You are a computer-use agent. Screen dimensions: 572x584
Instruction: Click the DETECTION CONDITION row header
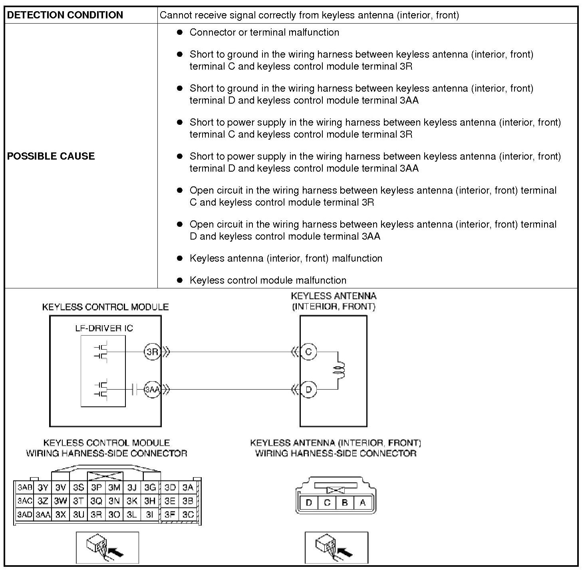(x=65, y=15)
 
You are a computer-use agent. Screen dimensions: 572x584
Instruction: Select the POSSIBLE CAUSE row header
(x=51, y=156)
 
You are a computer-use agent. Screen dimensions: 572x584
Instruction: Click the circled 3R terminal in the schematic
(x=152, y=352)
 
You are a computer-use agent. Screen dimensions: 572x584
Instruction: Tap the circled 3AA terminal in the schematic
(x=152, y=389)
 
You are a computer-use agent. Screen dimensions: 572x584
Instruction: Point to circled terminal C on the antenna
(x=308, y=352)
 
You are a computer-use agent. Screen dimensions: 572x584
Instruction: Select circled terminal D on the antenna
(x=308, y=389)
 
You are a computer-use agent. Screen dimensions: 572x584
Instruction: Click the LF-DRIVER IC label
(x=104, y=328)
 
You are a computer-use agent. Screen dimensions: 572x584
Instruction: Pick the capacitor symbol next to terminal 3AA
(x=135, y=389)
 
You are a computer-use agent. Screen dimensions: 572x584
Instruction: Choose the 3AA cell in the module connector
(x=43, y=515)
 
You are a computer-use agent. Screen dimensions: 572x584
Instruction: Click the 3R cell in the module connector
(x=96, y=515)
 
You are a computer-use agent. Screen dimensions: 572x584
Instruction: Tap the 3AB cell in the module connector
(x=25, y=488)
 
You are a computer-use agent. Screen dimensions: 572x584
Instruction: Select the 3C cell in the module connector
(x=188, y=515)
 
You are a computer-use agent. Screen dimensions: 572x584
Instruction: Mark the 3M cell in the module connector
(x=114, y=488)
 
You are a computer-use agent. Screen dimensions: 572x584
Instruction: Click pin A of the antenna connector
(x=363, y=503)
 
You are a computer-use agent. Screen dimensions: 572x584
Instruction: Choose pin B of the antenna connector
(x=345, y=503)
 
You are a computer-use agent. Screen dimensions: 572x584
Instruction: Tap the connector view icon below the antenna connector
(x=336, y=548)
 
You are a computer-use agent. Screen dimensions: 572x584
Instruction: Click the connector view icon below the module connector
(x=107, y=548)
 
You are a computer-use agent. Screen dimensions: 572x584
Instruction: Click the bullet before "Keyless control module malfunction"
(x=180, y=280)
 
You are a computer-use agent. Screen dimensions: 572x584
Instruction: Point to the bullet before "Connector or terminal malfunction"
(x=180, y=32)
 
